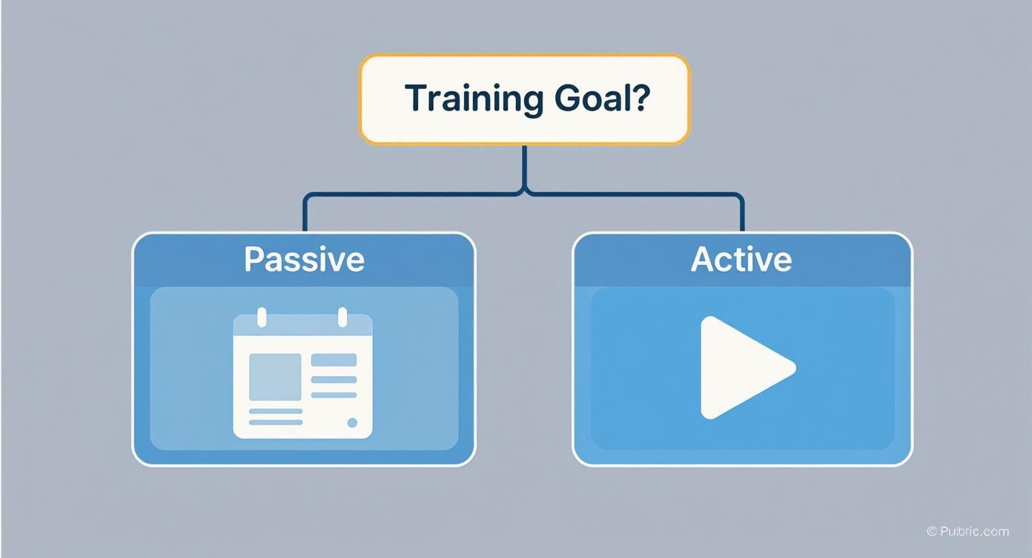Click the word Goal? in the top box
(x=601, y=98)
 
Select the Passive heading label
(x=304, y=259)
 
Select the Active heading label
(x=741, y=259)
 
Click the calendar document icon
(x=302, y=375)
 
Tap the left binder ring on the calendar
(x=261, y=317)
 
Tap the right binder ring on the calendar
(x=343, y=317)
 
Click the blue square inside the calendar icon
(x=274, y=377)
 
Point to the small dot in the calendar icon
(x=352, y=422)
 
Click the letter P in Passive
(x=254, y=259)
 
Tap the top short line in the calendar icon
(x=334, y=360)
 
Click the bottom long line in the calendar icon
(x=275, y=422)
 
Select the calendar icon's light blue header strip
(x=302, y=326)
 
